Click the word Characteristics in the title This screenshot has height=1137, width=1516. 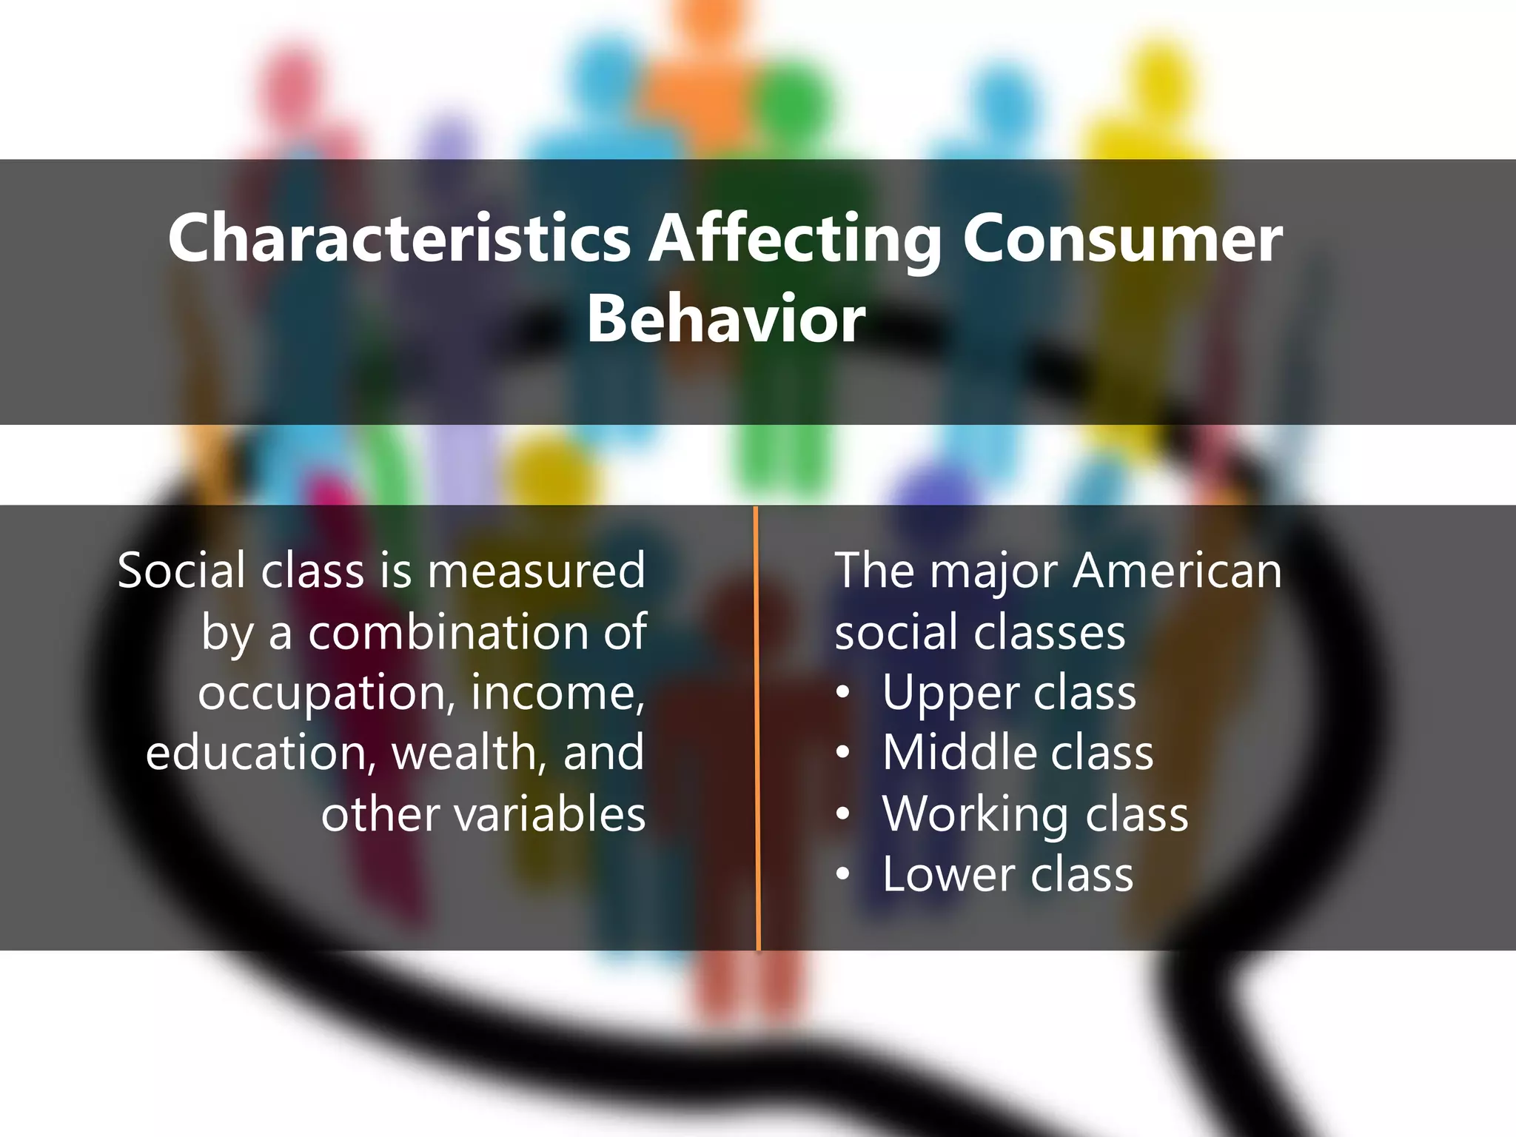[x=399, y=238]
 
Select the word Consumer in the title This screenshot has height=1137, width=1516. [x=1122, y=238]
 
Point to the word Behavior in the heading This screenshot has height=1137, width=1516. [x=725, y=319]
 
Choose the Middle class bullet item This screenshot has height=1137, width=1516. [x=1017, y=754]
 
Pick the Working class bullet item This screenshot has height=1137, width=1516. [x=1035, y=814]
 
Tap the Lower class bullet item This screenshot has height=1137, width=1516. [x=1007, y=875]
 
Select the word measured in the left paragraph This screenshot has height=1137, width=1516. [x=536, y=571]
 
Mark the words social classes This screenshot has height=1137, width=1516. [x=979, y=633]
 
